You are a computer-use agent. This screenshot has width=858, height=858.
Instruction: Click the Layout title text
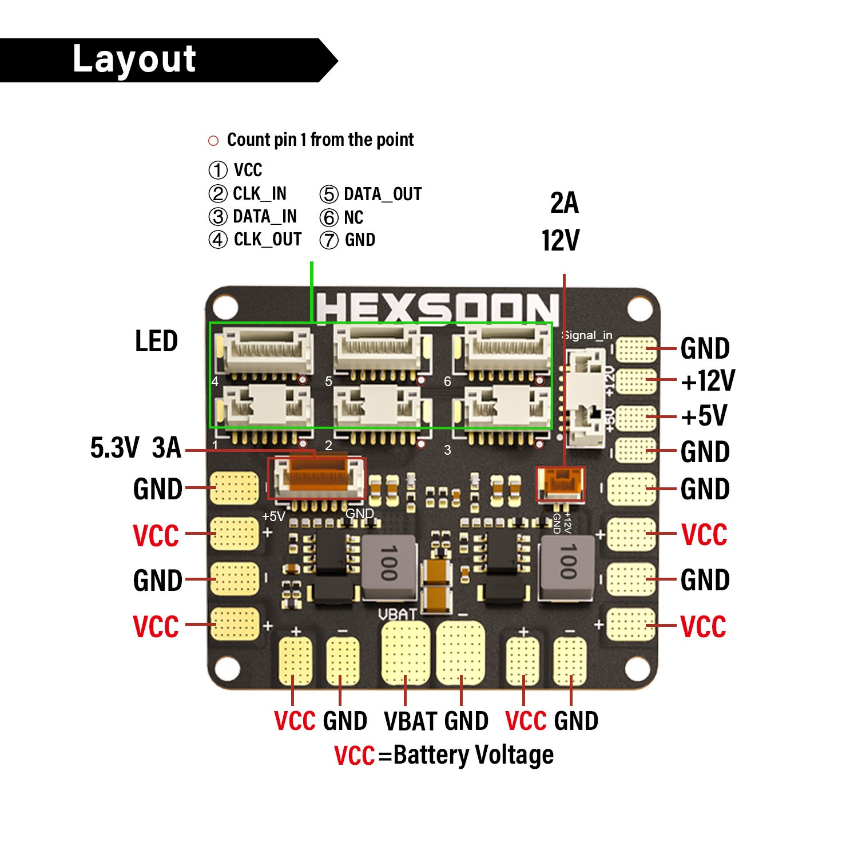coord(134,59)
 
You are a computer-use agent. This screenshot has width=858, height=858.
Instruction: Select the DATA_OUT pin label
coord(382,194)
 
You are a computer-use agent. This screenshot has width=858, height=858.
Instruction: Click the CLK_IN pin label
coord(259,194)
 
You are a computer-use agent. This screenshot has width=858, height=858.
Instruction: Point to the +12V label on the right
coord(708,381)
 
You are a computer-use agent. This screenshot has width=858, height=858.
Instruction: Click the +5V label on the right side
coord(704,416)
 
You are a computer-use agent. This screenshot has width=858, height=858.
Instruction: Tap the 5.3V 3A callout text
coord(136,447)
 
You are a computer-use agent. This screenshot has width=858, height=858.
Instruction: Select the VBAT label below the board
coord(407,721)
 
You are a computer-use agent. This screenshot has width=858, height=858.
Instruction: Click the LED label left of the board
coord(156,341)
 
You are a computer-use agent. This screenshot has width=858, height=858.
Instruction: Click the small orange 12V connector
coord(560,484)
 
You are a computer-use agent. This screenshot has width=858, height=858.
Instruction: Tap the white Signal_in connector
coord(585,398)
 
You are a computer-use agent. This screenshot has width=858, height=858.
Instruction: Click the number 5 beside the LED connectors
coord(328,382)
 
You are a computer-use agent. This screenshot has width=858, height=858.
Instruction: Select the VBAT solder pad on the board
coord(406,652)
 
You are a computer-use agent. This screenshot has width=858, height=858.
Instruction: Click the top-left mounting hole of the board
coord(226,307)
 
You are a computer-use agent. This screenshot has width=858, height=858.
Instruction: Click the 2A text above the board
coord(564,203)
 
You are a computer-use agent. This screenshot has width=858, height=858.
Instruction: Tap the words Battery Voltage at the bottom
coord(474,755)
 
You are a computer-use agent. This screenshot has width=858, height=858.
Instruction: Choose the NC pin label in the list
coord(353,218)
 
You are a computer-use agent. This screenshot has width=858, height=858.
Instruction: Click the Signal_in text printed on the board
coord(587,336)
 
